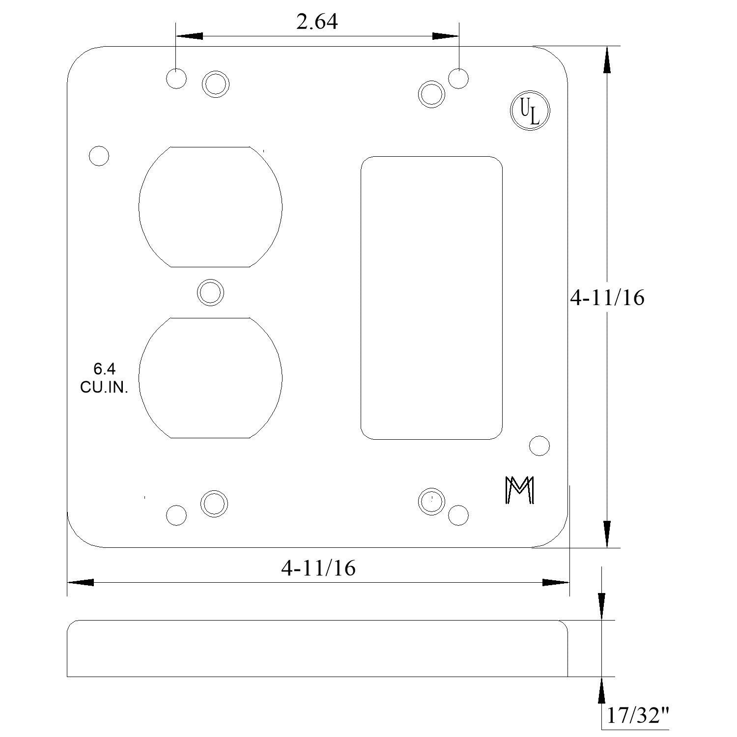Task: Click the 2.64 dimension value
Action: click(x=317, y=22)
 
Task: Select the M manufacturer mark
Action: click(x=519, y=490)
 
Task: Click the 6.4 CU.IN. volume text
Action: click(x=104, y=378)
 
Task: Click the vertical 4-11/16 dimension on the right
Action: click(x=607, y=297)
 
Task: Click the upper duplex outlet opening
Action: click(x=210, y=207)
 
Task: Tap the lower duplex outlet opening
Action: click(x=210, y=378)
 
